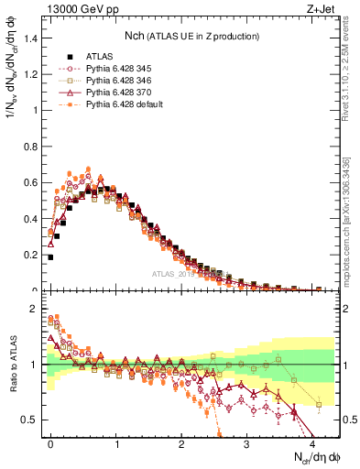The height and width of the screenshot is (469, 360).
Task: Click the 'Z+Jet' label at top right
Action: [321, 10]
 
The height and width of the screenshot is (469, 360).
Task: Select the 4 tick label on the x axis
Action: [312, 442]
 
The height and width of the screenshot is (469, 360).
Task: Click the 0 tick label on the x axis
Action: [51, 442]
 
